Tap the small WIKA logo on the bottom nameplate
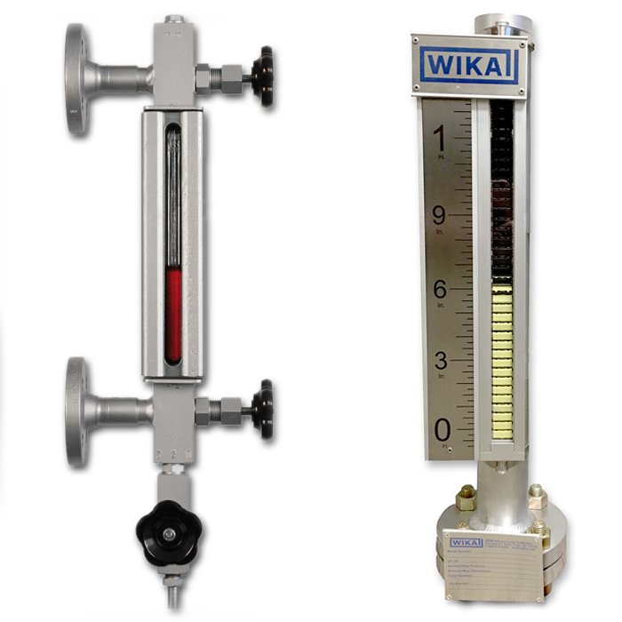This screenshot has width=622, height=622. [x=466, y=542]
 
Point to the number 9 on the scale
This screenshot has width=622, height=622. [x=439, y=215]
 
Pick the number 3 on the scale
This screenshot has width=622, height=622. [x=440, y=360]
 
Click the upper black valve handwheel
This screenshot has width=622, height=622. [x=262, y=76]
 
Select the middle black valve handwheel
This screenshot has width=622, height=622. [x=262, y=410]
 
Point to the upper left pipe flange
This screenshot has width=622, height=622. [x=76, y=78]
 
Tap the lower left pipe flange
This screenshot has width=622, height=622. [x=76, y=411]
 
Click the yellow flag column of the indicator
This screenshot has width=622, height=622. [x=503, y=360]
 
